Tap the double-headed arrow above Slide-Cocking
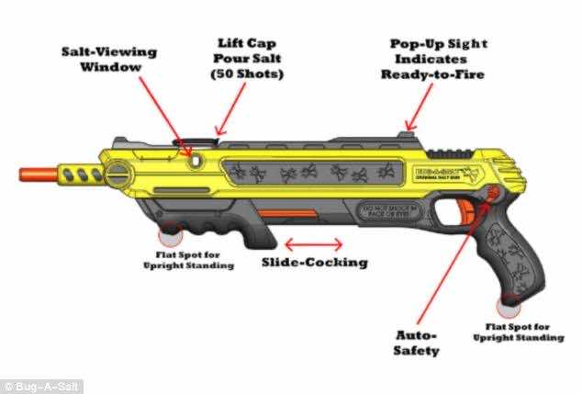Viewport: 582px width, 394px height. tap(314, 244)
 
